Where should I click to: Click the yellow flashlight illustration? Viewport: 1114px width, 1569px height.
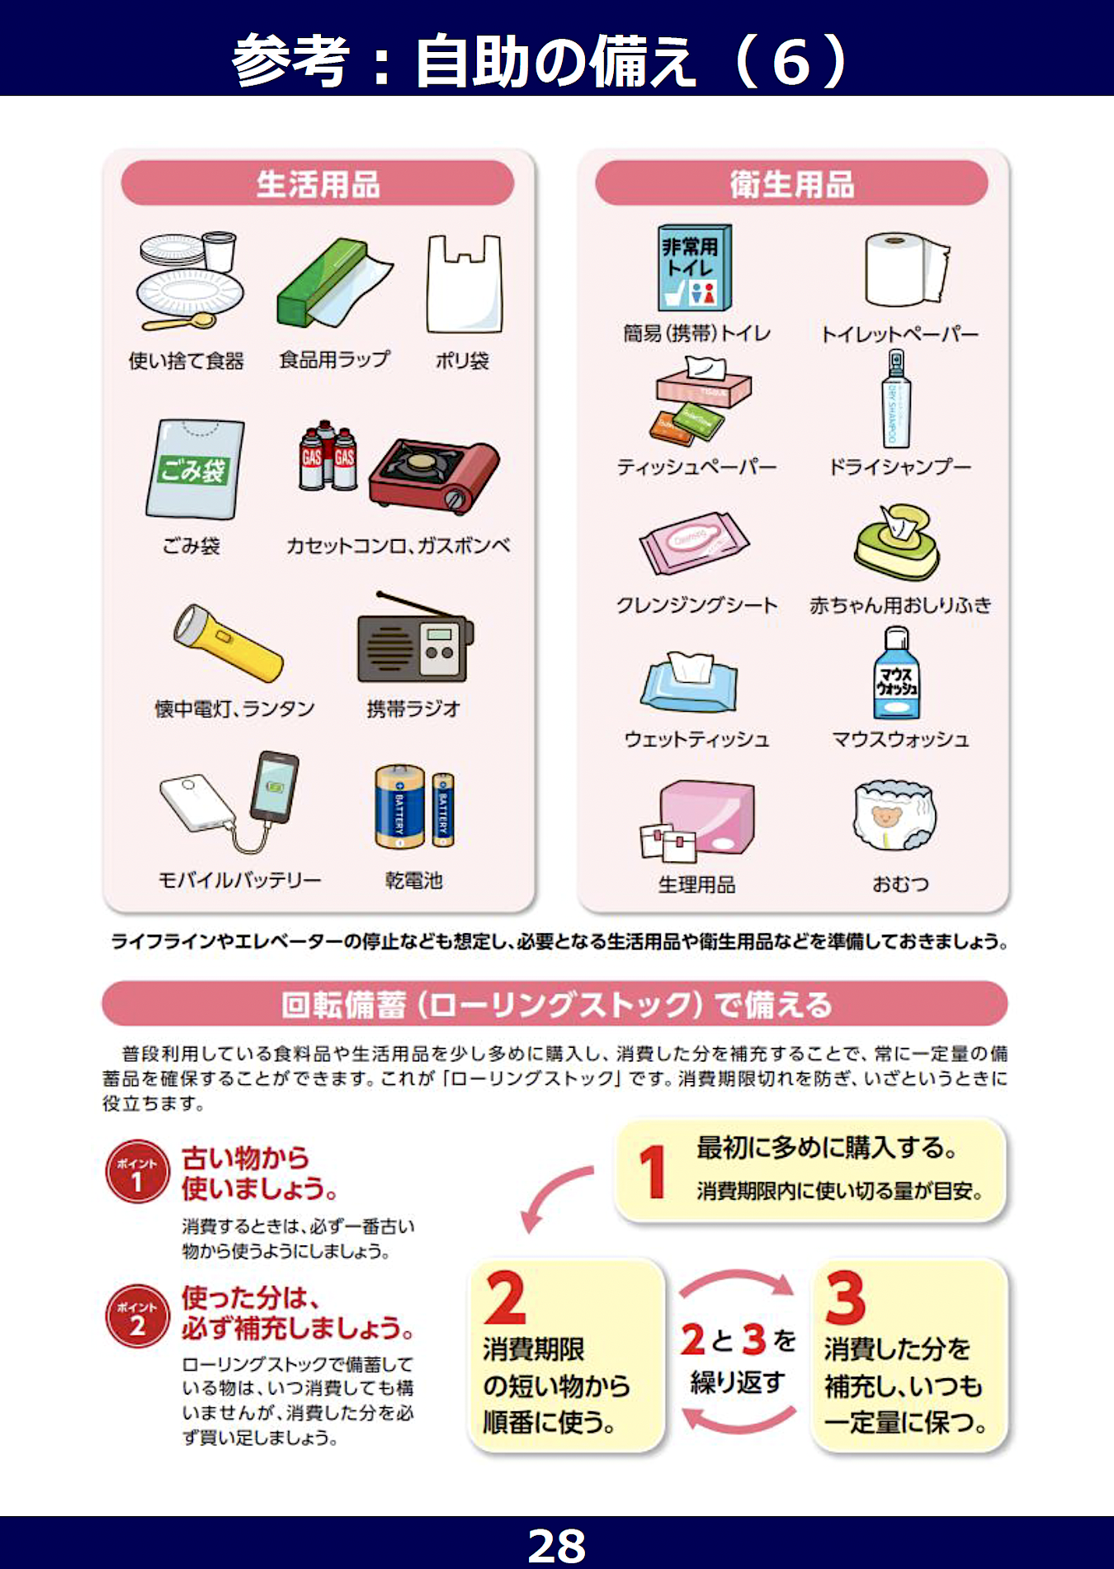[228, 642]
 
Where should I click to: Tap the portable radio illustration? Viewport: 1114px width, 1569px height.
[415, 637]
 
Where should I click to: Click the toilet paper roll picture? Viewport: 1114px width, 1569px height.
[907, 269]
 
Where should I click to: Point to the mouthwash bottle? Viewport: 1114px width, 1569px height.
[896, 673]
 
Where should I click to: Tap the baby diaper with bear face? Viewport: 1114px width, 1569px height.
[895, 815]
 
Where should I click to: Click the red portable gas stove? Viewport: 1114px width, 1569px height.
[434, 475]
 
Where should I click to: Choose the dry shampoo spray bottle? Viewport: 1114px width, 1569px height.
[896, 400]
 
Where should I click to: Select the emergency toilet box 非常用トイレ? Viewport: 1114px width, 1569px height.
[694, 268]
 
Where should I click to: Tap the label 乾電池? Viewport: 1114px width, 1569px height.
[414, 880]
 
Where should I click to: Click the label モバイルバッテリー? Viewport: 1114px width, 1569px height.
[239, 880]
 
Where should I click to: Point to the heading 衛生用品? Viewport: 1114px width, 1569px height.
[792, 184]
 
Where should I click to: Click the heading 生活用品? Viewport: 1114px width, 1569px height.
[319, 184]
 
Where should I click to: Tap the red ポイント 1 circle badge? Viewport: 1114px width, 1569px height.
[137, 1172]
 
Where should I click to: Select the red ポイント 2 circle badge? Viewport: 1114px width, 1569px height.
[137, 1316]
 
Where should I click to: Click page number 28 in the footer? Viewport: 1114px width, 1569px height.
[557, 1545]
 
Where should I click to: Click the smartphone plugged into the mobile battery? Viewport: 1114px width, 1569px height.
[275, 787]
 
